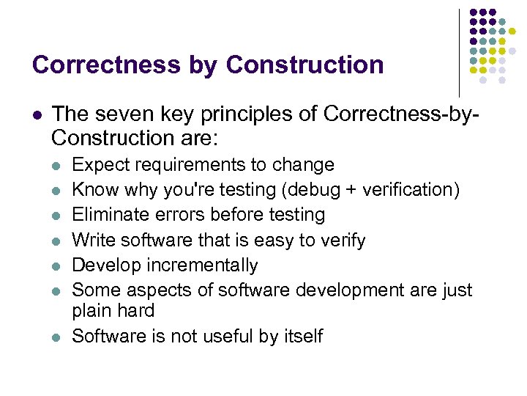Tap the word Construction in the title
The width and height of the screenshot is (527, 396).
click(304, 65)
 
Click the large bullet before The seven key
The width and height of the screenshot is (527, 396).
click(37, 115)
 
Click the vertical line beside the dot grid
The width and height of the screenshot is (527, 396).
click(460, 51)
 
